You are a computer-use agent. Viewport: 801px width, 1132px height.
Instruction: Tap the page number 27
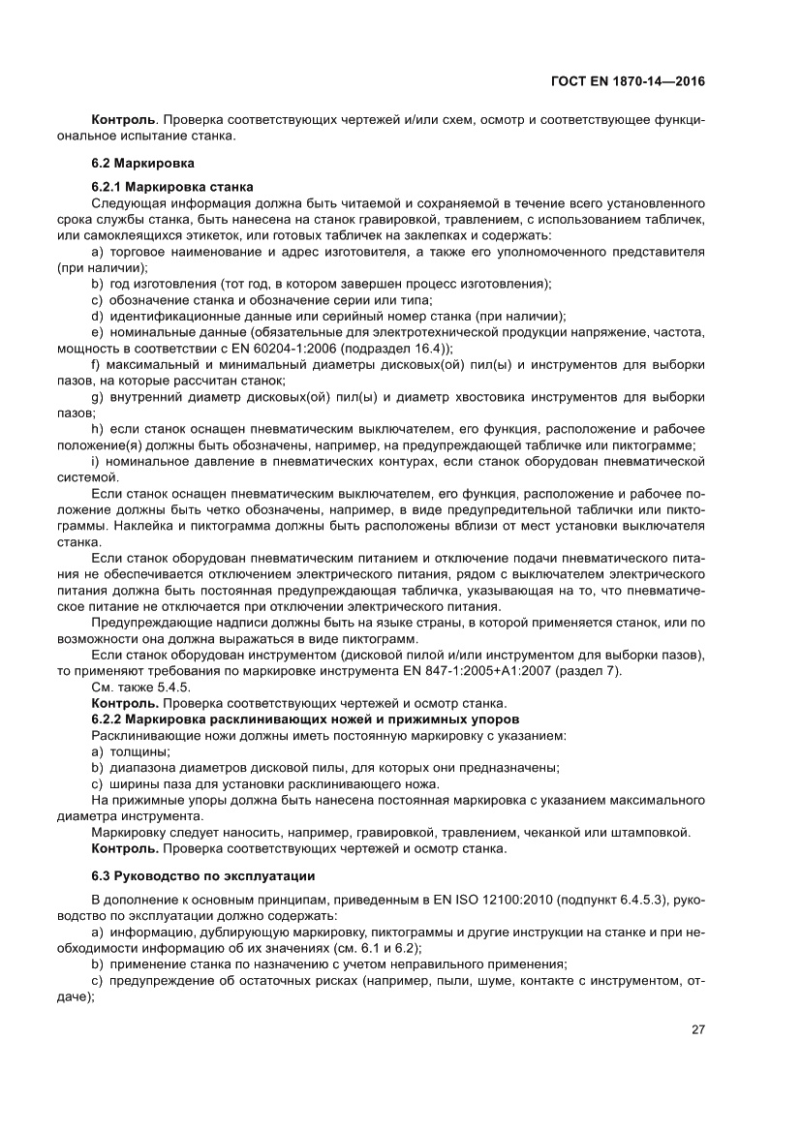(x=697, y=1029)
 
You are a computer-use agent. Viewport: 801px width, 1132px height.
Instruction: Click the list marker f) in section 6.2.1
(x=96, y=364)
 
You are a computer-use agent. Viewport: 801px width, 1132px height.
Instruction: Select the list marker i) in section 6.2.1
(x=95, y=461)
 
